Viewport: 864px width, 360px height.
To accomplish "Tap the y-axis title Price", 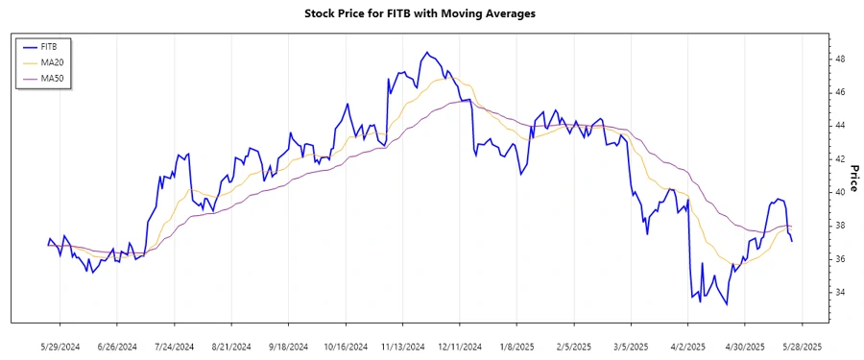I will pyautogui.click(x=852, y=179).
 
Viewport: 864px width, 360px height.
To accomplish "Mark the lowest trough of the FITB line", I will pyautogui.click(x=726, y=304).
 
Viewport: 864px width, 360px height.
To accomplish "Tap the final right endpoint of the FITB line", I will pyautogui.click(x=792, y=241).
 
